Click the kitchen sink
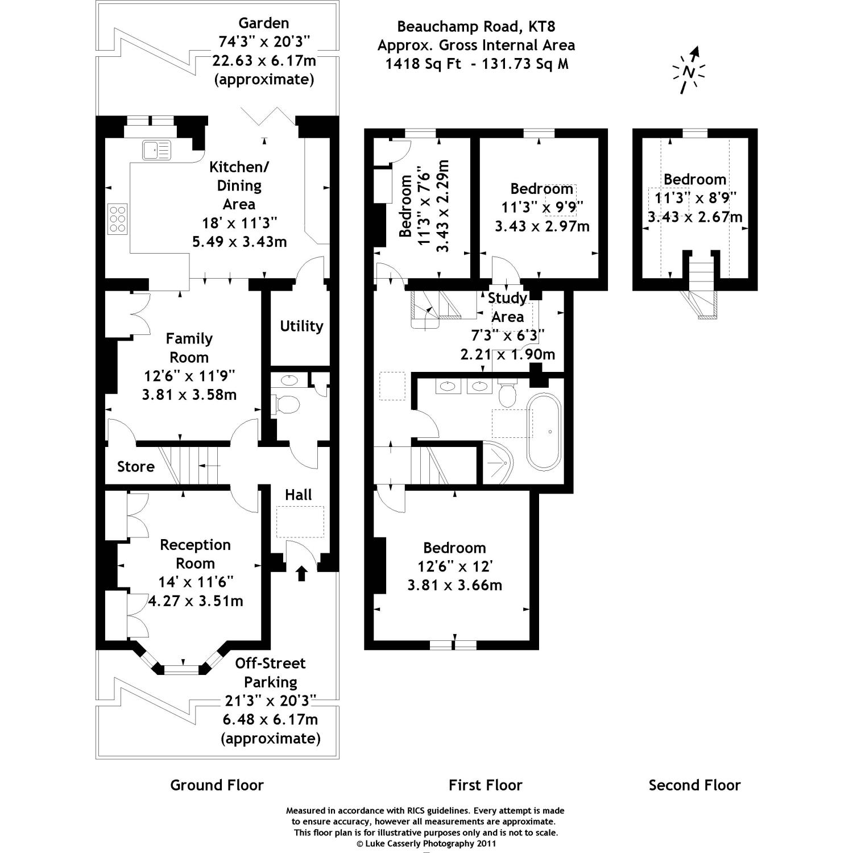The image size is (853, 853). click(x=156, y=150)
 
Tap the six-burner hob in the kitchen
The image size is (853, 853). click(x=118, y=218)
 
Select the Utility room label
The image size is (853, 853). click(x=301, y=326)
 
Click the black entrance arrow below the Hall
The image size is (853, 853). click(x=301, y=573)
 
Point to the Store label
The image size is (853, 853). click(x=136, y=467)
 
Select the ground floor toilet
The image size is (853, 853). click(x=287, y=405)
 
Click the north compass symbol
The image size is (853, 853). click(x=689, y=72)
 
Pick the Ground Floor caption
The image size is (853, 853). click(x=217, y=785)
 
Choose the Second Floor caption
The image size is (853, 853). click(x=694, y=785)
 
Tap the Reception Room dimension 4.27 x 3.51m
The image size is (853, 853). click(x=196, y=601)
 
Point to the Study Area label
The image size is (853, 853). click(x=507, y=307)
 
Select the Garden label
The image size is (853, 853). click(x=263, y=23)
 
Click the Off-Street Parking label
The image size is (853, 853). click(x=270, y=672)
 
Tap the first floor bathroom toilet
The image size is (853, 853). click(x=507, y=393)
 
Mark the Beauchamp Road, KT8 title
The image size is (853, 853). click(x=475, y=26)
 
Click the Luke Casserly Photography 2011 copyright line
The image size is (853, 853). click(x=426, y=843)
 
